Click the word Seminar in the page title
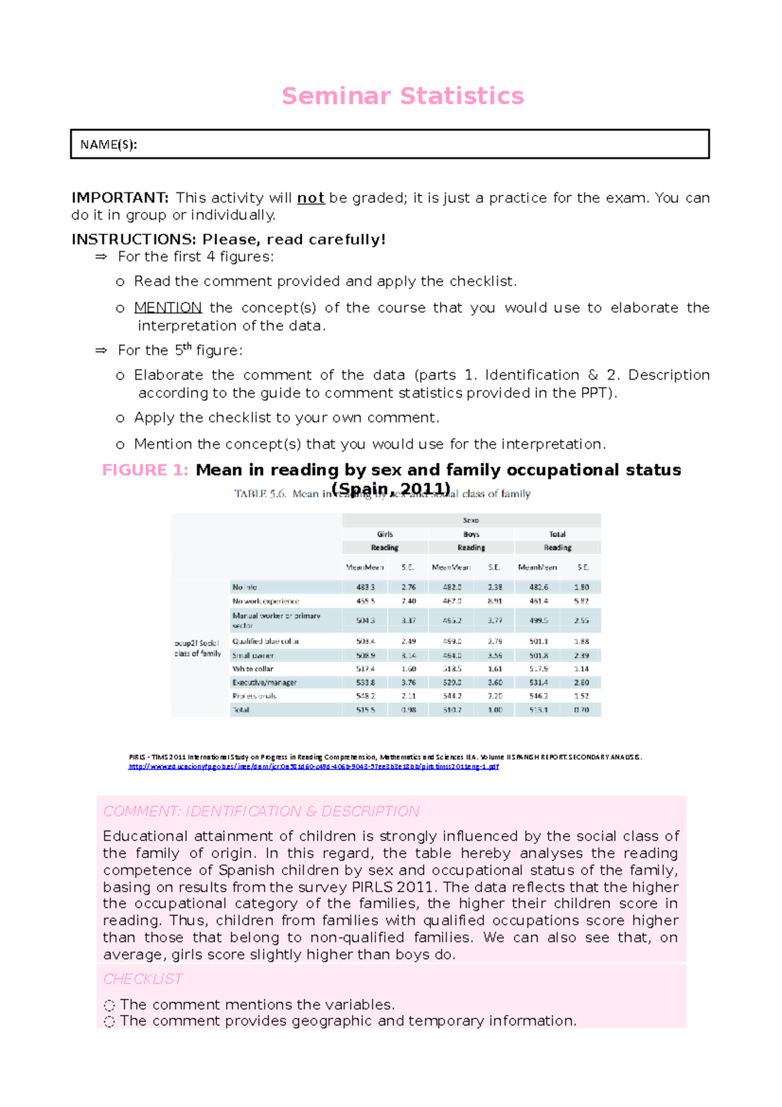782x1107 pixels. tap(337, 96)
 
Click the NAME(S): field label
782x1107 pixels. tap(108, 145)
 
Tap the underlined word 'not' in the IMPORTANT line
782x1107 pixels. tap(311, 198)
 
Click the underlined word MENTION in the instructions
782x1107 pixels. tap(167, 308)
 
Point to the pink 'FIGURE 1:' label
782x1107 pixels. tap(145, 470)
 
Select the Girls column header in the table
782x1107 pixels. tap(384, 534)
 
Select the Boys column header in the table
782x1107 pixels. tap(471, 534)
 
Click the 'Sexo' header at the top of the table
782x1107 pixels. tap(471, 520)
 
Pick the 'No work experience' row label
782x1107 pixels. tap(265, 601)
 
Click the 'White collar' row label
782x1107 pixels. tap(253, 669)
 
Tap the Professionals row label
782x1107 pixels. tap(254, 696)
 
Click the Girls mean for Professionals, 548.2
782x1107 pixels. tap(365, 696)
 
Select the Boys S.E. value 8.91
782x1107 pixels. tap(495, 601)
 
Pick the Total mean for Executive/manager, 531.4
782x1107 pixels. tap(538, 683)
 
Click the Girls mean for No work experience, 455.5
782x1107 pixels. tap(365, 601)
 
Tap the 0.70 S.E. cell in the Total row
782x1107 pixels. tap(581, 710)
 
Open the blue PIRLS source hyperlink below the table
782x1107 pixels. tap(313, 767)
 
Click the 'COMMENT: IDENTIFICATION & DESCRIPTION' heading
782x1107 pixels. tap(261, 812)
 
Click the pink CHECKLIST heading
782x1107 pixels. tap(143, 979)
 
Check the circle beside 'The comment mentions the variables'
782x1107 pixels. tap(109, 1006)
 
